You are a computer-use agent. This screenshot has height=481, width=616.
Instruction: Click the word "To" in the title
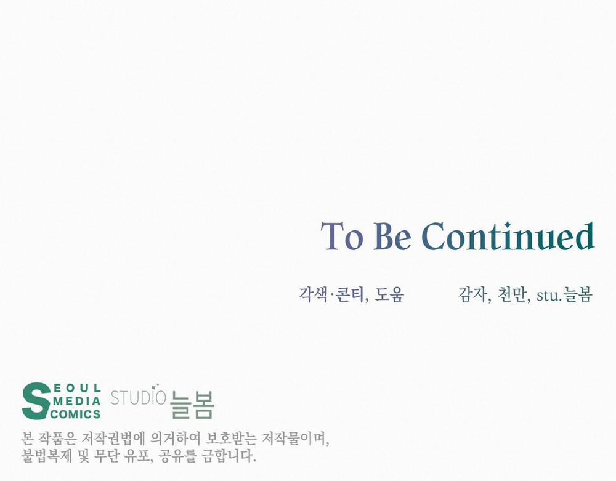(x=342, y=236)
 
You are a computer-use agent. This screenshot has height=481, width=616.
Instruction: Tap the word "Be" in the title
(x=392, y=236)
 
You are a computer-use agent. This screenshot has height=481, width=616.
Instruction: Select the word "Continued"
(x=508, y=236)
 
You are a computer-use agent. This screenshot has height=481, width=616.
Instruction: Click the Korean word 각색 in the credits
(x=313, y=294)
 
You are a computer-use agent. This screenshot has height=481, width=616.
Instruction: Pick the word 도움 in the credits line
(x=389, y=294)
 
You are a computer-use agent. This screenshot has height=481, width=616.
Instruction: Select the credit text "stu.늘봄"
(x=564, y=294)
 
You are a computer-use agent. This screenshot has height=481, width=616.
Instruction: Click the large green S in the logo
(x=36, y=401)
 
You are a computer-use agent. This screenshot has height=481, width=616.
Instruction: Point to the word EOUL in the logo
(x=77, y=389)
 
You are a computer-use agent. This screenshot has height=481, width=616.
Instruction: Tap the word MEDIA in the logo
(x=77, y=402)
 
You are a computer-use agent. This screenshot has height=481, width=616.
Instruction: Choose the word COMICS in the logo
(x=76, y=414)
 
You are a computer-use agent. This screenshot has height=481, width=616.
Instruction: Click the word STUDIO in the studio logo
(x=138, y=398)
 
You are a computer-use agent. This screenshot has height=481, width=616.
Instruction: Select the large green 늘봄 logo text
(x=192, y=405)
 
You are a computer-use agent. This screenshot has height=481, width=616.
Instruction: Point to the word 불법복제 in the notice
(x=47, y=456)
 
